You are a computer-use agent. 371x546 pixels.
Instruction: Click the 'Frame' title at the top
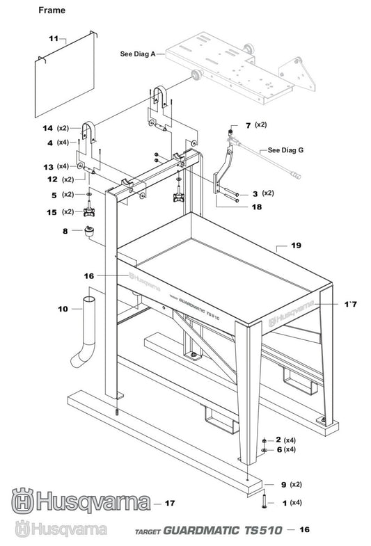point(52,10)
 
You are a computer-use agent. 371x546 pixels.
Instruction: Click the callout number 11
point(53,38)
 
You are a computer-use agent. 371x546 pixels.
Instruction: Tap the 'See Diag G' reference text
point(285,150)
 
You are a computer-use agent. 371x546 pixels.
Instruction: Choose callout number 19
point(296,246)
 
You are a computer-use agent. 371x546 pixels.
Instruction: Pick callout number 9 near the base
point(283,483)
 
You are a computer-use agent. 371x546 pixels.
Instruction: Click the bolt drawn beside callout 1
point(266,501)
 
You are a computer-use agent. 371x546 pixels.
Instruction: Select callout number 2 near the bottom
point(278,440)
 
